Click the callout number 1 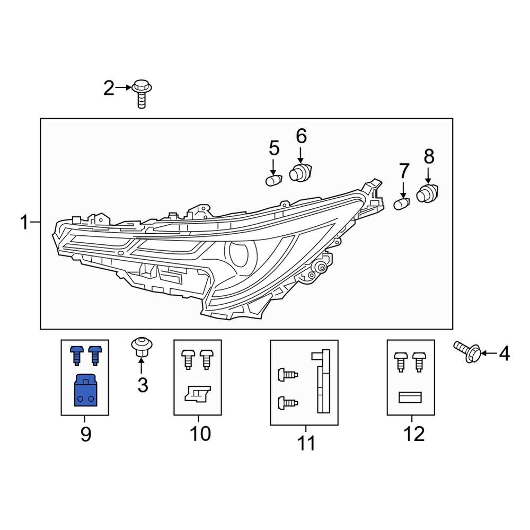pos(24,223)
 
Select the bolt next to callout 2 pos(141,93)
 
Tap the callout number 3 pos(143,385)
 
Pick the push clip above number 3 pos(140,347)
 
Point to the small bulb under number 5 pos(273,181)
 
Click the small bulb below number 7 pos(402,204)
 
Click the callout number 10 pos(200,434)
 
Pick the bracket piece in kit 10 pos(196,394)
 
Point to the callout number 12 pos(414,434)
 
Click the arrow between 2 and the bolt pos(123,87)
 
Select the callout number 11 pos(306,443)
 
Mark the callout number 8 pos(429,156)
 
